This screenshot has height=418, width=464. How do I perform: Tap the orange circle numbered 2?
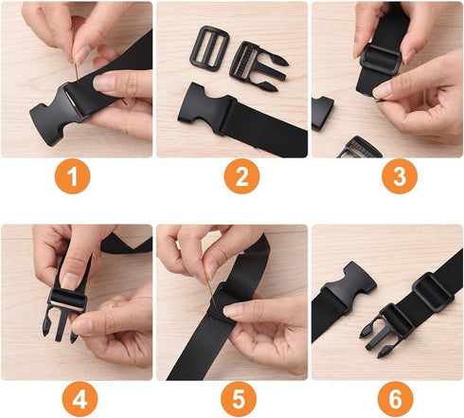coord(233,177)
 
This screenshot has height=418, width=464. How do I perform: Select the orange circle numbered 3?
coord(388,177)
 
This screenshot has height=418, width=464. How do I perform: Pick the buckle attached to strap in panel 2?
coord(203,106)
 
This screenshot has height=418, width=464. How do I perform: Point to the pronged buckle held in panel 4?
coord(64,308)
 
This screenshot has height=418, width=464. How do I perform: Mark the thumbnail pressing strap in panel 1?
coord(105,83)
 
